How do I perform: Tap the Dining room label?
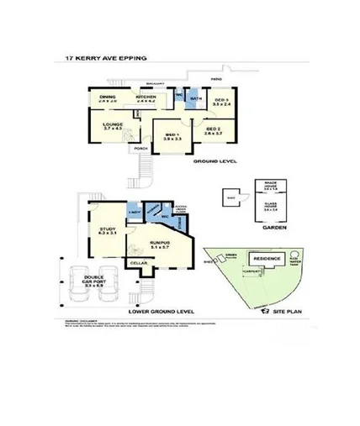pos(108,97)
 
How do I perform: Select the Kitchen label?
pos(146,97)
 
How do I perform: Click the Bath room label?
pos(195,100)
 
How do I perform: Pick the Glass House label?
pos(271,207)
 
